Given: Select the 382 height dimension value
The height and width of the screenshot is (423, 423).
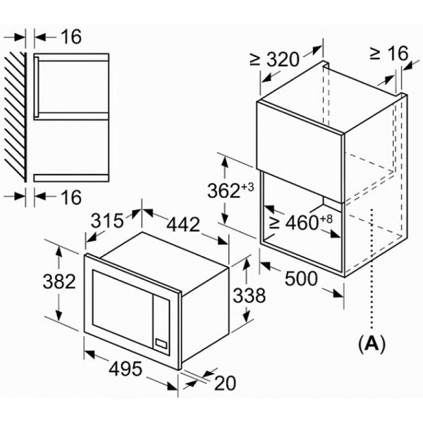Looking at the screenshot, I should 59,283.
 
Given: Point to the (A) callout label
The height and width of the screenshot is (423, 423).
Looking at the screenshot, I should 372,344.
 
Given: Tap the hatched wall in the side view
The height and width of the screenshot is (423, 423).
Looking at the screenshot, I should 16,116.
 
